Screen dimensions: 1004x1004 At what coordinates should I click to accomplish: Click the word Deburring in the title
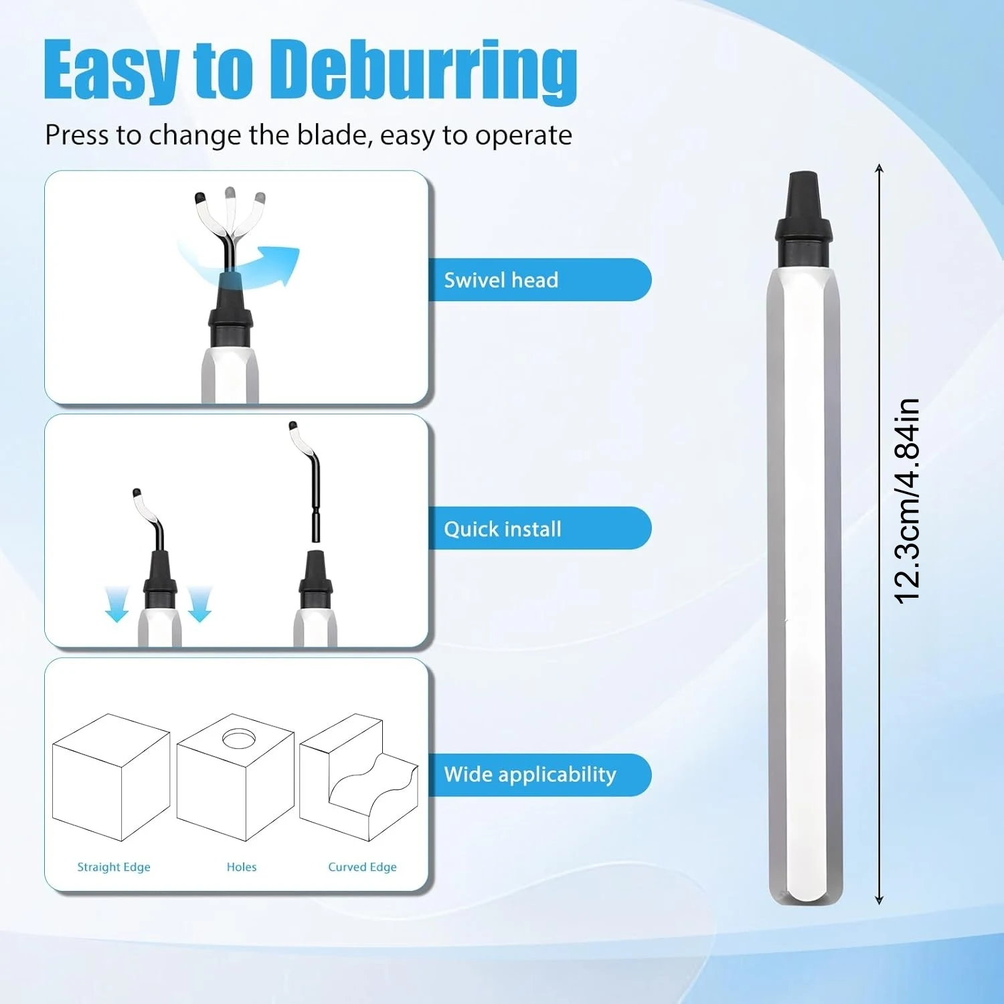tap(426, 71)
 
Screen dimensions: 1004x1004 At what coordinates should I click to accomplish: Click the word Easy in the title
tap(111, 71)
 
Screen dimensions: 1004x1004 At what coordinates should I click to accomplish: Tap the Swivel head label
tap(501, 280)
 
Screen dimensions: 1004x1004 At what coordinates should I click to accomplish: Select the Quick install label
tap(502, 529)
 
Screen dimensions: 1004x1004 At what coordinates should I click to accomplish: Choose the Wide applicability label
tap(530, 774)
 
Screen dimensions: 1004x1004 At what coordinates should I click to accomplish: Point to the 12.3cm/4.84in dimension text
tap(907, 501)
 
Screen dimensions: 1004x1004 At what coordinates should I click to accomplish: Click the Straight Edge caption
tap(114, 867)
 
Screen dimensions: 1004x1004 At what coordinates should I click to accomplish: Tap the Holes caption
tap(242, 867)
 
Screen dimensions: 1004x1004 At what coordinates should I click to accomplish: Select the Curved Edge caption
tap(362, 867)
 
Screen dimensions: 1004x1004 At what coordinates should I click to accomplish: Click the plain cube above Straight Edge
tap(111, 777)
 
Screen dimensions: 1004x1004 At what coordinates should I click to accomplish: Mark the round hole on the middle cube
tap(239, 739)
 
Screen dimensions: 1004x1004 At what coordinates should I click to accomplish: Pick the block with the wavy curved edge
tap(359, 777)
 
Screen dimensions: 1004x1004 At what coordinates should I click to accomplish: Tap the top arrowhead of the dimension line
tap(880, 168)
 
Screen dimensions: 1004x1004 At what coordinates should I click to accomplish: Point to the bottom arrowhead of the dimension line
tap(880, 900)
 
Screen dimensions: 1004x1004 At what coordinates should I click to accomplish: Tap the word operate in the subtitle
tap(524, 136)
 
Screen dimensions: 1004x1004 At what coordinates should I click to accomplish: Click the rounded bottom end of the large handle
tap(805, 894)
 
